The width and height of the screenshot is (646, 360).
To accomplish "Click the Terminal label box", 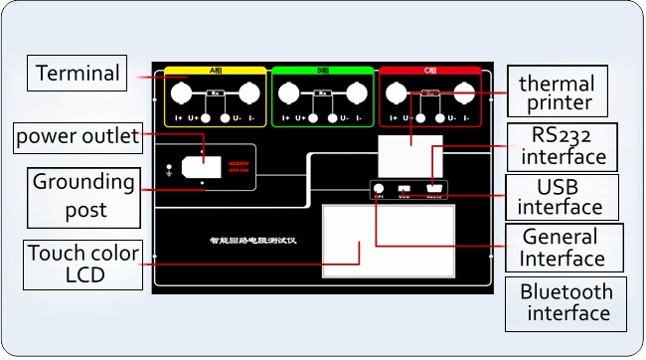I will [78, 74].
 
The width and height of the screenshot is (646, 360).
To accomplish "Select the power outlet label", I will [78, 137].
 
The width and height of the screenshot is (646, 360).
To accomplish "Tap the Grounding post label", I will [83, 196].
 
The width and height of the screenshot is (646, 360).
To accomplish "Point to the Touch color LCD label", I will [83, 264].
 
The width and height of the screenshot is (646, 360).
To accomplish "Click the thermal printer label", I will [557, 92].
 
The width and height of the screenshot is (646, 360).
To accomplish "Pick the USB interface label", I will [561, 197].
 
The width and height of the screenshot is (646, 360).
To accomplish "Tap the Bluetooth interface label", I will [567, 302].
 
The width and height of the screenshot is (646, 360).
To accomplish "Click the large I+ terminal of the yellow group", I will [183, 94].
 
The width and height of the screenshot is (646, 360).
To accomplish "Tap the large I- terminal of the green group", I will [356, 94].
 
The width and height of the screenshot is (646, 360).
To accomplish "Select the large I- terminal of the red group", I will [463, 94].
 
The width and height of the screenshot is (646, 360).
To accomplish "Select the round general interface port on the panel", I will [379, 186].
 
